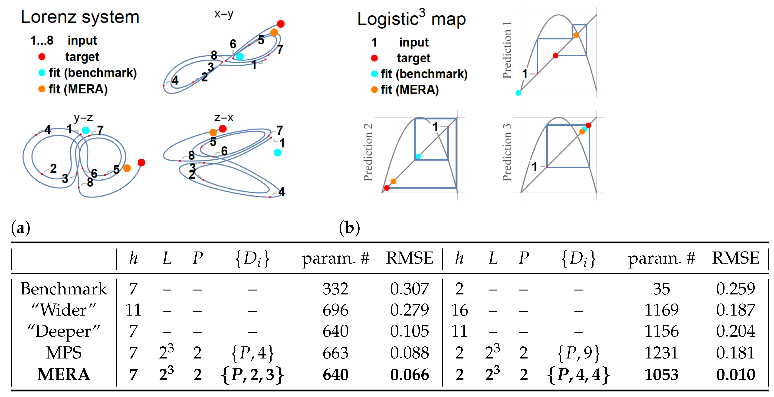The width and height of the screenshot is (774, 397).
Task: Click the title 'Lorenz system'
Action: (80, 17)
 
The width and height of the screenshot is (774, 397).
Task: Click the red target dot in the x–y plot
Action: (281, 24)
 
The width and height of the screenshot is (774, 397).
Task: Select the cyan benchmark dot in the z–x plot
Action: (278, 153)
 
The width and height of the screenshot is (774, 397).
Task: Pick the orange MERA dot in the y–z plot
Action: (127, 168)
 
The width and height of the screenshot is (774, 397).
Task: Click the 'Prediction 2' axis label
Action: (368, 152)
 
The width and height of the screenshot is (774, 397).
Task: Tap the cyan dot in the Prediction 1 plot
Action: (518, 93)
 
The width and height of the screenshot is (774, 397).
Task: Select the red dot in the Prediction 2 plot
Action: (387, 188)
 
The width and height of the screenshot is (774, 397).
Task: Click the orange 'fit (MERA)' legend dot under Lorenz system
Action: (42, 89)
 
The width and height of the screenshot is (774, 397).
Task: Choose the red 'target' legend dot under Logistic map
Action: (374, 58)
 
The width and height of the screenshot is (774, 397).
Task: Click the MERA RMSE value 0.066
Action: (410, 375)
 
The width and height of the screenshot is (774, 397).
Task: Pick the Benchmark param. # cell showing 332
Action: (335, 289)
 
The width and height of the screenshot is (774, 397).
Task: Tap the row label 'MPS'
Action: (64, 353)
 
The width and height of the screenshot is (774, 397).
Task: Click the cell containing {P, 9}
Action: (578, 353)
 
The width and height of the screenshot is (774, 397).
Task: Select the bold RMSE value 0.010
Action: (735, 375)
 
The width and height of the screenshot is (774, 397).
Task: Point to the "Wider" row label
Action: (64, 310)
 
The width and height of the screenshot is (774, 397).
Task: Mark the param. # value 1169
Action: (661, 310)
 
